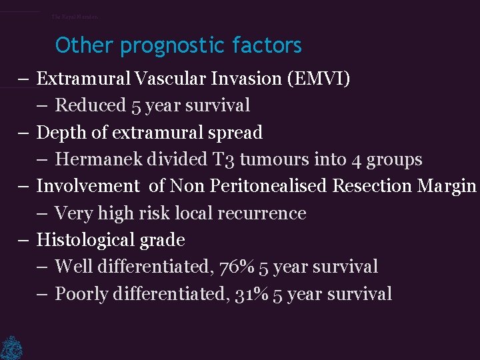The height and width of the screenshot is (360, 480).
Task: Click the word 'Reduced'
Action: click(x=90, y=105)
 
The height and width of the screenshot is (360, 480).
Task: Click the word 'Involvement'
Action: click(x=84, y=186)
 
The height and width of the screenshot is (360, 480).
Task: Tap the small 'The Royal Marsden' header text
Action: click(x=75, y=17)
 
